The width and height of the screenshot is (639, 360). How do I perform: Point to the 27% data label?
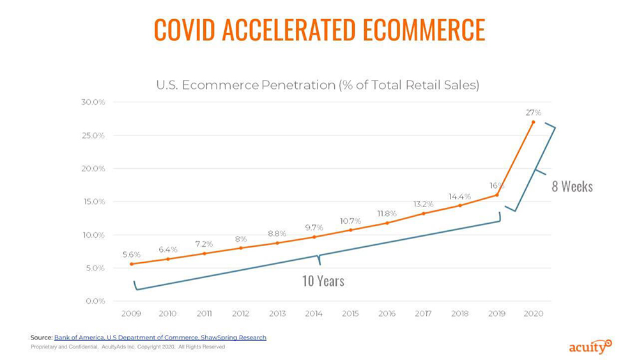coord(534,112)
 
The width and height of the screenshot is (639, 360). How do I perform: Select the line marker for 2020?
coord(533,122)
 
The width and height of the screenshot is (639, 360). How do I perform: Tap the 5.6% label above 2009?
coord(132,254)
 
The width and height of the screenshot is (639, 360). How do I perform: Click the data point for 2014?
coord(314,237)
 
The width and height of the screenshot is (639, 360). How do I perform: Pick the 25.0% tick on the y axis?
coord(93,136)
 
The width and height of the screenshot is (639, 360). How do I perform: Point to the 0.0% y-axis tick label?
coord(95,301)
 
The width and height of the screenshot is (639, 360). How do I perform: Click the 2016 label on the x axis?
coord(387,313)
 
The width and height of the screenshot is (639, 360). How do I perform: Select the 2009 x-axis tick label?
coord(131,313)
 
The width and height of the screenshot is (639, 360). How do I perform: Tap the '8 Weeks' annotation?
coord(572,187)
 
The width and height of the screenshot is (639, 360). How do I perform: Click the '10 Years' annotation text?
coord(323,281)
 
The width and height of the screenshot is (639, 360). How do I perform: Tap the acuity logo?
coord(590,347)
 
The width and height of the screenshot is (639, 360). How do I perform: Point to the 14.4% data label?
coord(459,196)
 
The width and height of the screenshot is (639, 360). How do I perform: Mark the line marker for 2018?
coord(460,205)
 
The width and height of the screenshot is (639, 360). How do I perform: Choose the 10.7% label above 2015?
coord(350,221)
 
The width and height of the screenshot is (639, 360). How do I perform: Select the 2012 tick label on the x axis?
coord(240,313)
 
